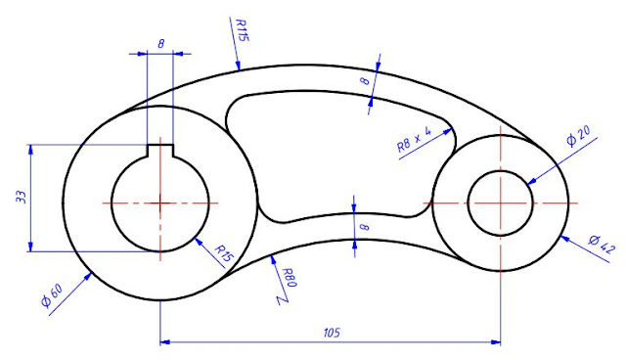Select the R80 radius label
[x=290, y=278]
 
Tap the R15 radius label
[x=224, y=253]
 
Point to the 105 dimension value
[x=332, y=333]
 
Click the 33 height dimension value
[x=22, y=198]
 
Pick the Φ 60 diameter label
[x=52, y=295]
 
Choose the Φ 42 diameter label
[x=603, y=245]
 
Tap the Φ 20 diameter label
[x=578, y=135]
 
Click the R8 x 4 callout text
[x=415, y=139]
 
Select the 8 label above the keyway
[x=160, y=43]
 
